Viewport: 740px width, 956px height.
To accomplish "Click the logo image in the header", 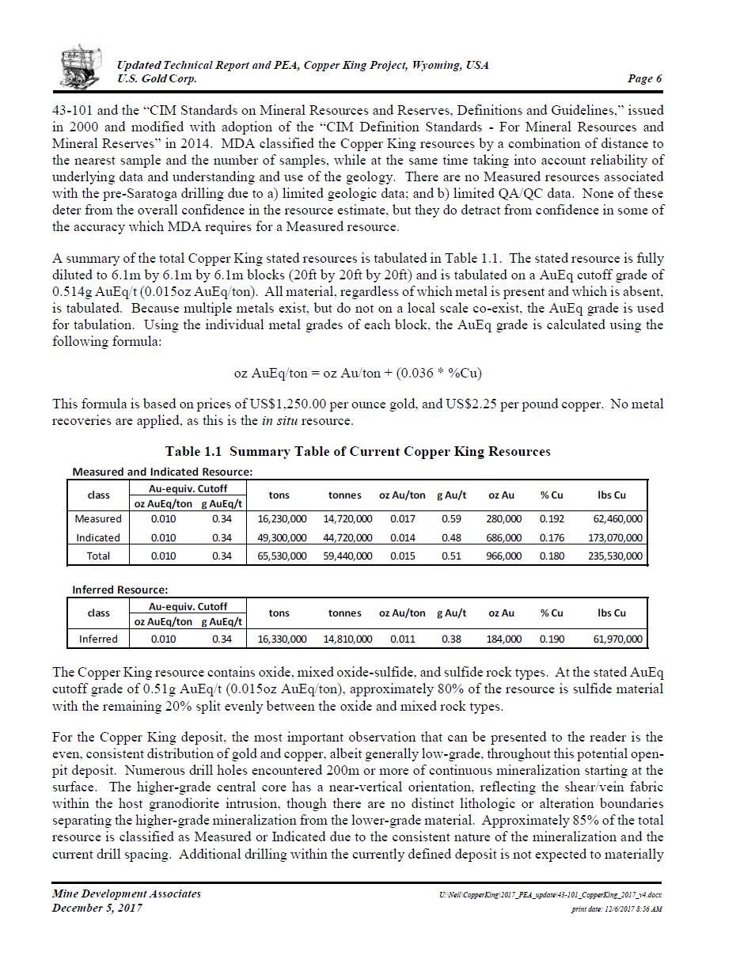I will tap(81, 66).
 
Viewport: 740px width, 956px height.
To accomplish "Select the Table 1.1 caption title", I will tap(358, 452).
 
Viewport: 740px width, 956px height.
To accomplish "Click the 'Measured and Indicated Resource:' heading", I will tap(162, 472).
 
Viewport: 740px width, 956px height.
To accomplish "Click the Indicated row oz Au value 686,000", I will tap(503, 537).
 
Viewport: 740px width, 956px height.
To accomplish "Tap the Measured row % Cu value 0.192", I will tap(552, 519).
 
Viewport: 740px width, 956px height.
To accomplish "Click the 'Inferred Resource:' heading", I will tap(120, 590).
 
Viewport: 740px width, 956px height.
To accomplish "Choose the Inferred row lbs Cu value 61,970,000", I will tap(617, 639).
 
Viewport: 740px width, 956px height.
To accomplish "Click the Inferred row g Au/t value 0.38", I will tap(451, 639).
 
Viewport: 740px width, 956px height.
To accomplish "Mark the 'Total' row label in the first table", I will tap(98, 556).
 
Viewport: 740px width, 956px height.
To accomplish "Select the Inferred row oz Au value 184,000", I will tap(503, 639).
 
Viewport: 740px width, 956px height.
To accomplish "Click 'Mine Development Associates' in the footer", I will tap(127, 893).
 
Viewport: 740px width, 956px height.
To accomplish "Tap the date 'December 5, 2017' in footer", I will tap(97, 908).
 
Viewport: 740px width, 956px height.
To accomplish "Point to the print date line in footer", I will tap(617, 909).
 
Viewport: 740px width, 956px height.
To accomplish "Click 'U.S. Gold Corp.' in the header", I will tap(157, 78).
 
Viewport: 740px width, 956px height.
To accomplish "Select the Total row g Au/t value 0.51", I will tap(451, 556).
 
